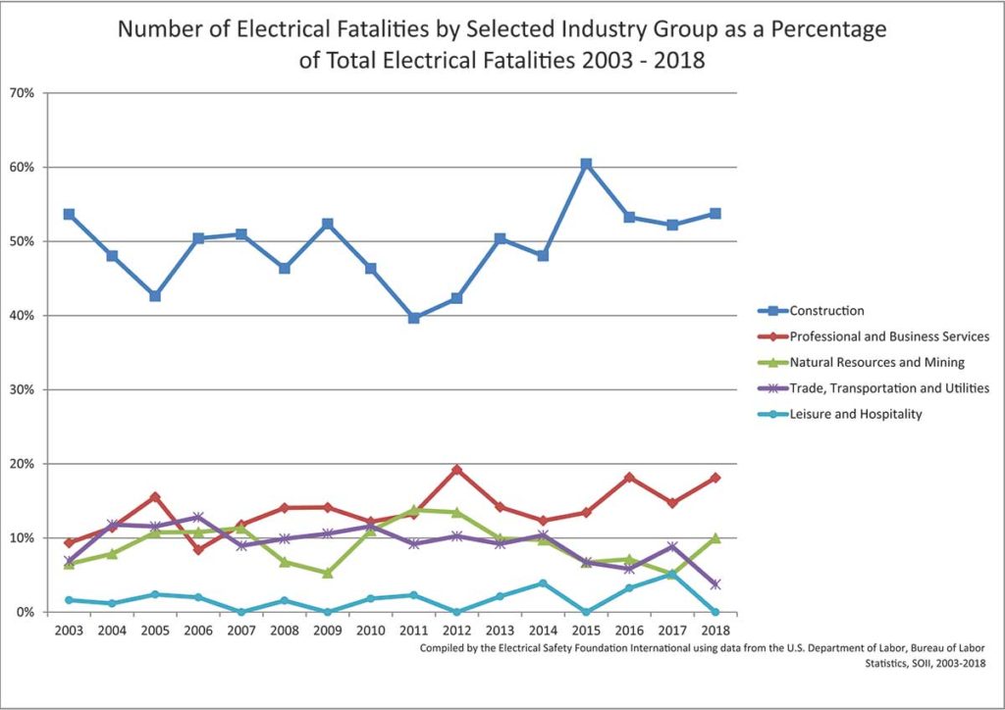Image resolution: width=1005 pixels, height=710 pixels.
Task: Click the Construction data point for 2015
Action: pos(586,164)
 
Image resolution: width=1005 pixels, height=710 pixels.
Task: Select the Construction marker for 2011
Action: pos(414,318)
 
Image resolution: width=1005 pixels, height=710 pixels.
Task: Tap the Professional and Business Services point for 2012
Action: pos(457,470)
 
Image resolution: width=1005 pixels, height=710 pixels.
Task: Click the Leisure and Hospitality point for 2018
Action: pos(715,612)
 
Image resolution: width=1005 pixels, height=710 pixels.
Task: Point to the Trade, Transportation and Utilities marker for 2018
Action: pos(715,583)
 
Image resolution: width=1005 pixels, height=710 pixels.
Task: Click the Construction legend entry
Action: pos(826,311)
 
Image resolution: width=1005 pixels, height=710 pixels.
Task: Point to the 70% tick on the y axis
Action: pos(22,93)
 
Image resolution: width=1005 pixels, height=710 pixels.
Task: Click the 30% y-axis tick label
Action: pos(22,389)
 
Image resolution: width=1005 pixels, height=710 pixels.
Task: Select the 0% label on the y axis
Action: pos(25,612)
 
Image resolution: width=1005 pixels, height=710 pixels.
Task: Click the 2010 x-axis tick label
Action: pos(371,631)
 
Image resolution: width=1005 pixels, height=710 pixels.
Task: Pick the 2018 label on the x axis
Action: pos(715,631)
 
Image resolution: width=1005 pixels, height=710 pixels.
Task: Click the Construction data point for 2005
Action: pos(155,295)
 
